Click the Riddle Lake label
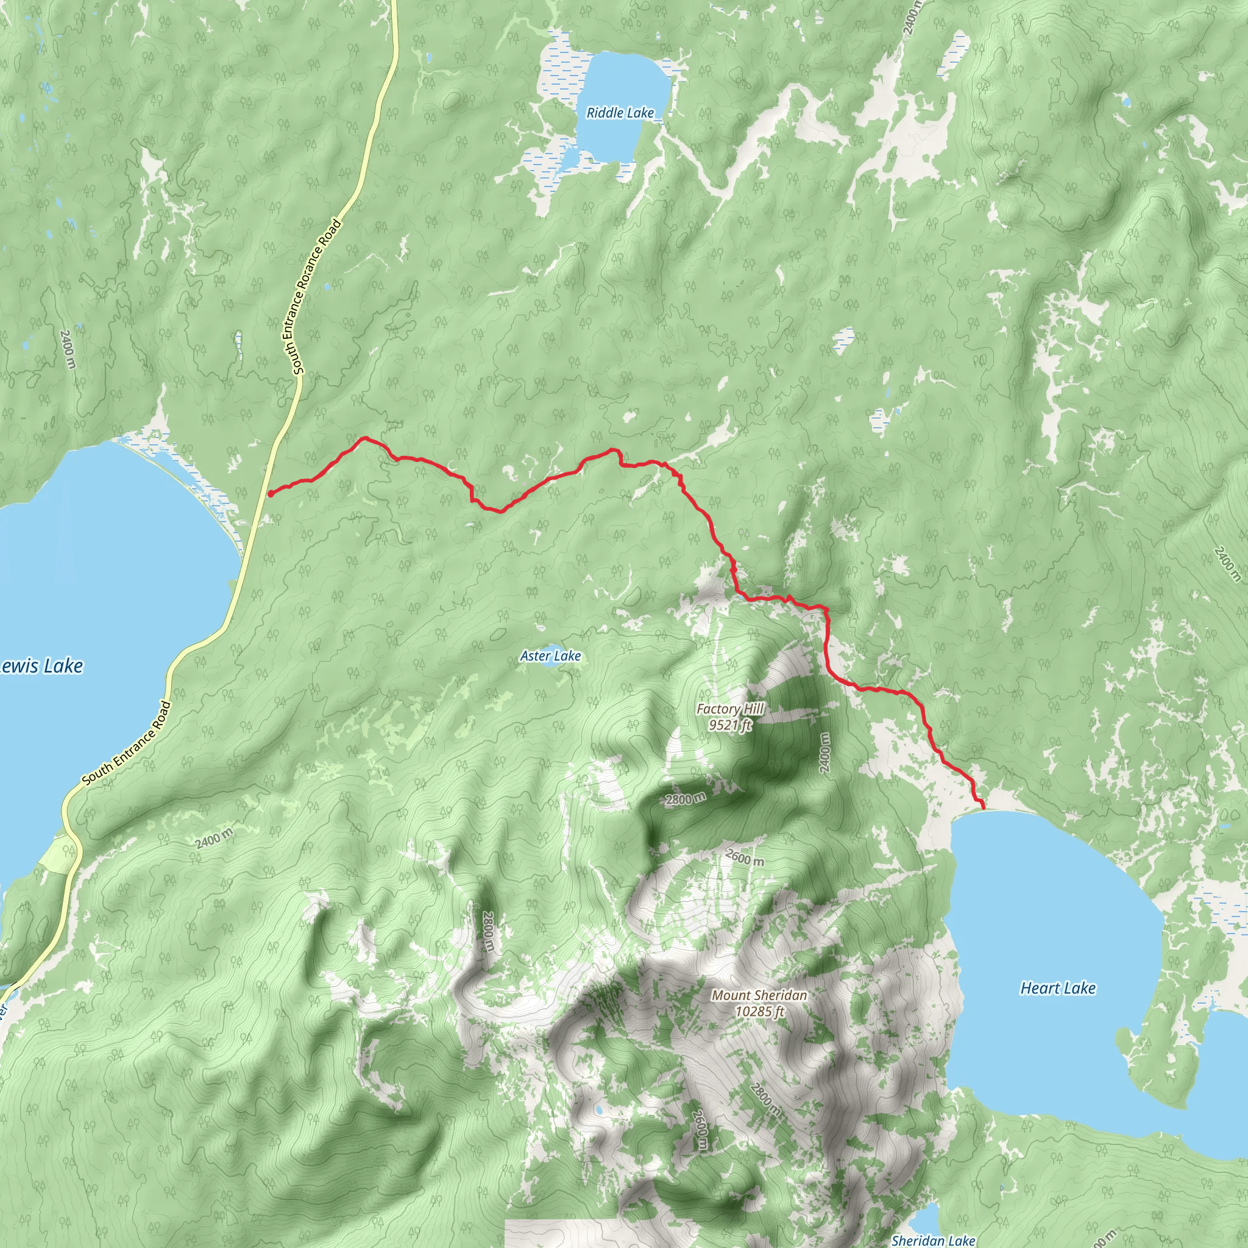620,113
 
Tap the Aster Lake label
550,656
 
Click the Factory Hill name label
730,709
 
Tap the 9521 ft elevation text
730,725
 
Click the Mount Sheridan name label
759,996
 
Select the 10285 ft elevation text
759,1011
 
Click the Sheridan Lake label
933,1240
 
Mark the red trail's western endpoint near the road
269,494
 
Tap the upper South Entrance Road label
316,297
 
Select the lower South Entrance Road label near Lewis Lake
127,743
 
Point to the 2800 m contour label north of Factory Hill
686,799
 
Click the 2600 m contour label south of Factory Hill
744,858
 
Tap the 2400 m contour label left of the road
67,349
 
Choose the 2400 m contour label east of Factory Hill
824,753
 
